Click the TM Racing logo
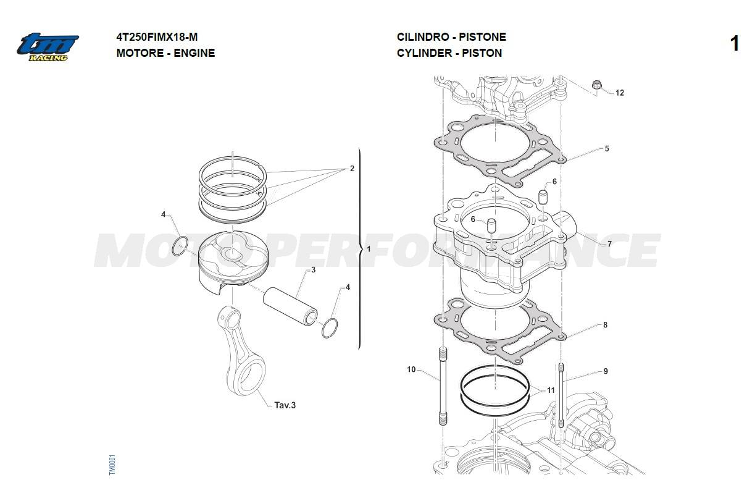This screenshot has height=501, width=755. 48,47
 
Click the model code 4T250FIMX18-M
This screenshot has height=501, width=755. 157,37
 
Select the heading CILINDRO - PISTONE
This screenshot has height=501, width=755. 451,37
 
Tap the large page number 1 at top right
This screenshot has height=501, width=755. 735,44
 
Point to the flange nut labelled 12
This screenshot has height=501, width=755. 596,85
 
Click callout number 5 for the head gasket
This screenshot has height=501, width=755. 607,149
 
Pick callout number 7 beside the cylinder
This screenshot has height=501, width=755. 609,244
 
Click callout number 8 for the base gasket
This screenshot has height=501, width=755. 606,325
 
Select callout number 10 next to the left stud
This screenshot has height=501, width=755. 411,369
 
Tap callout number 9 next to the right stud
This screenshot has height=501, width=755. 606,371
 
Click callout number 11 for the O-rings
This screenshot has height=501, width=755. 551,390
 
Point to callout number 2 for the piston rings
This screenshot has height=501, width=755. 352,169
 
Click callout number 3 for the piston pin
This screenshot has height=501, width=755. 314,270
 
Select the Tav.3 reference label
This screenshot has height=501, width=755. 285,405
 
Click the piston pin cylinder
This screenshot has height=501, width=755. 290,306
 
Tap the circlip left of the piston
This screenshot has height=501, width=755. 180,246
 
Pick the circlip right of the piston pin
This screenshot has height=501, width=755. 330,328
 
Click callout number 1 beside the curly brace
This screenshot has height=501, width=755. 369,249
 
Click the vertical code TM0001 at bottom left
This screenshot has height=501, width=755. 112,465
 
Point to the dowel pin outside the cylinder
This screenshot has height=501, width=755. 542,197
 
